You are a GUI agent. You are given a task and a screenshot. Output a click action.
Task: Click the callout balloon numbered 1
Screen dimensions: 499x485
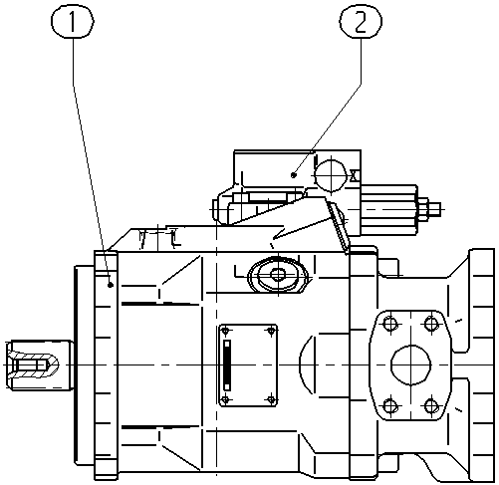tap(73, 22)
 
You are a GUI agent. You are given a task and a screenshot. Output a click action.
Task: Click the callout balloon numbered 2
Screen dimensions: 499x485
tap(361, 21)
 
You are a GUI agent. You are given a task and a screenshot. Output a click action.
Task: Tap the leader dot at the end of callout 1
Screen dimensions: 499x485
tap(111, 285)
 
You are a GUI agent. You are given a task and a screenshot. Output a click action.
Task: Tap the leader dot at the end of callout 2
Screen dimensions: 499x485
tap(294, 174)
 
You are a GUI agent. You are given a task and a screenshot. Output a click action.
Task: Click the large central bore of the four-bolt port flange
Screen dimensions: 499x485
tap(411, 364)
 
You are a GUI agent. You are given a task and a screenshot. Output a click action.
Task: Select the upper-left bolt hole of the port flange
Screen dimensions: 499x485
tap(389, 324)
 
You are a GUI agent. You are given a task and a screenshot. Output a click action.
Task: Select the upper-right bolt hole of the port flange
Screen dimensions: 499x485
tap(431, 323)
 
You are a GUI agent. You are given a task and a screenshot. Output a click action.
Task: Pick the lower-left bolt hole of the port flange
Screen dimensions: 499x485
tap(390, 406)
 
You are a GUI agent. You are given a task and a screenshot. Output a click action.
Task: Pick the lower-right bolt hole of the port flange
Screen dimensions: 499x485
tap(431, 405)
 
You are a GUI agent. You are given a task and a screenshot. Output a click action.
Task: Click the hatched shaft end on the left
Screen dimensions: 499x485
tap(33, 364)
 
